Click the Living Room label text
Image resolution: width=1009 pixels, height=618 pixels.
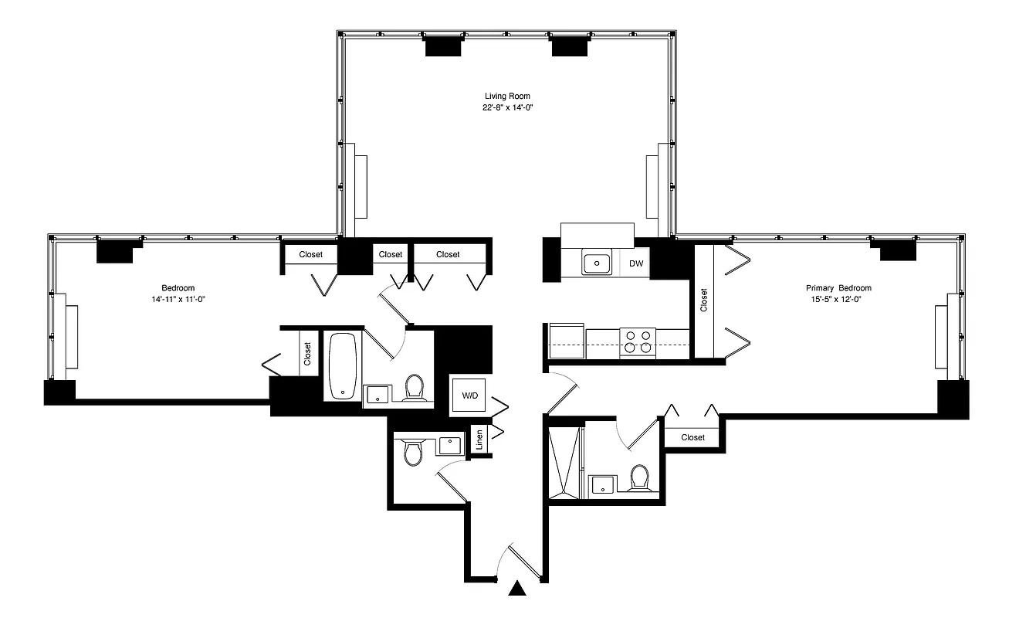(x=507, y=96)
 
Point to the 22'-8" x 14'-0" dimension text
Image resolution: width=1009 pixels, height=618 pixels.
(x=507, y=108)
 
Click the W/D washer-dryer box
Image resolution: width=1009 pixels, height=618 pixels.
(x=469, y=396)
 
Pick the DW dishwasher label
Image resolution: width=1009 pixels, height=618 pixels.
(x=636, y=263)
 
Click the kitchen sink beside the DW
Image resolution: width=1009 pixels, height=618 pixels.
(x=596, y=263)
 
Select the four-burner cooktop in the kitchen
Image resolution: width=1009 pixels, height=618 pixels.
(x=638, y=341)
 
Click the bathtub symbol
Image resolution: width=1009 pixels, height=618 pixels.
(x=342, y=365)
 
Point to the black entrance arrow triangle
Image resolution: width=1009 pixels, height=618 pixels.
(x=518, y=589)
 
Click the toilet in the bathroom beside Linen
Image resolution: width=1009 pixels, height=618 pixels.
(x=413, y=453)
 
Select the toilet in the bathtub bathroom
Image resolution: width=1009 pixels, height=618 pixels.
(x=415, y=388)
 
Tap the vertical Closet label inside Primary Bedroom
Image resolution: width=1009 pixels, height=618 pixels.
(x=703, y=300)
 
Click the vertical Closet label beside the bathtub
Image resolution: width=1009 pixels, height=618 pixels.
(x=307, y=354)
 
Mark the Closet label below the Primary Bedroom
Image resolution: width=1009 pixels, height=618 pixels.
(x=692, y=437)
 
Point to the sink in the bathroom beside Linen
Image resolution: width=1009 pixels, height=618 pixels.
(x=449, y=445)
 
